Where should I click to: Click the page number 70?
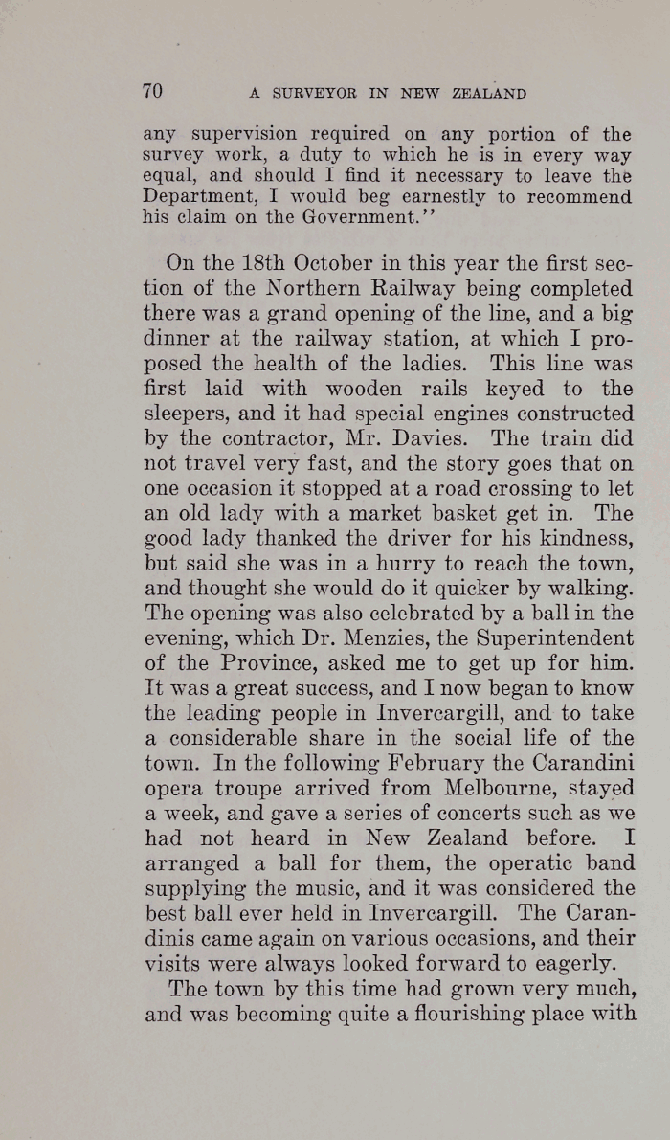click(x=153, y=92)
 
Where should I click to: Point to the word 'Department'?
click(x=196, y=197)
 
